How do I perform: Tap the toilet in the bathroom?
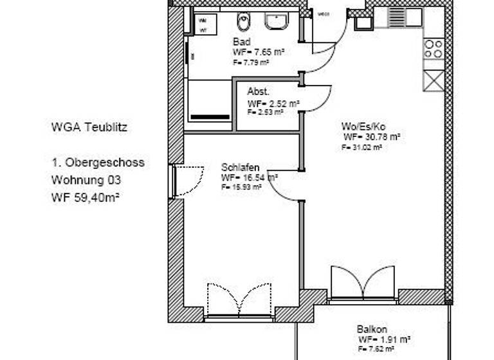[243, 22]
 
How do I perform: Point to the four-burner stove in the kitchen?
[434, 49]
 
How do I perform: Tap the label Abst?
[258, 91]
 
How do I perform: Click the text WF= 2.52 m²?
[273, 103]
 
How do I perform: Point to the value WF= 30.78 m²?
[372, 137]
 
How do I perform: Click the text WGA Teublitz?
[89, 127]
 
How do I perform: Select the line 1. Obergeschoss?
[98, 163]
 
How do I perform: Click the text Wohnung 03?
[86, 180]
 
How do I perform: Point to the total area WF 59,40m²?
[86, 197]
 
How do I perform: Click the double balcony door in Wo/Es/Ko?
[362, 283]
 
